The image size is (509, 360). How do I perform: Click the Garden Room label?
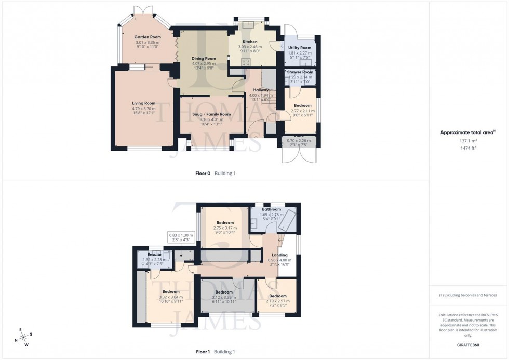pos(147,37)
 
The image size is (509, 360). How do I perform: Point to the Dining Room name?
pos(204,59)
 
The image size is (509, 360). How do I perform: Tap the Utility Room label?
pos(300,48)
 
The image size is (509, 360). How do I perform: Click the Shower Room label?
pos(300,72)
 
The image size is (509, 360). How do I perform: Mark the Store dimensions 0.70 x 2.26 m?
pos(300,140)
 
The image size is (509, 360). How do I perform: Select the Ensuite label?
pos(154,255)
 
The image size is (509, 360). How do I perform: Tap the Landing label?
pos(279,255)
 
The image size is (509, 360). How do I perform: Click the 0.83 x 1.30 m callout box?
pos(181,237)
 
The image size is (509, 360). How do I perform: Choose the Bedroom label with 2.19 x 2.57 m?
pos(277,296)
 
